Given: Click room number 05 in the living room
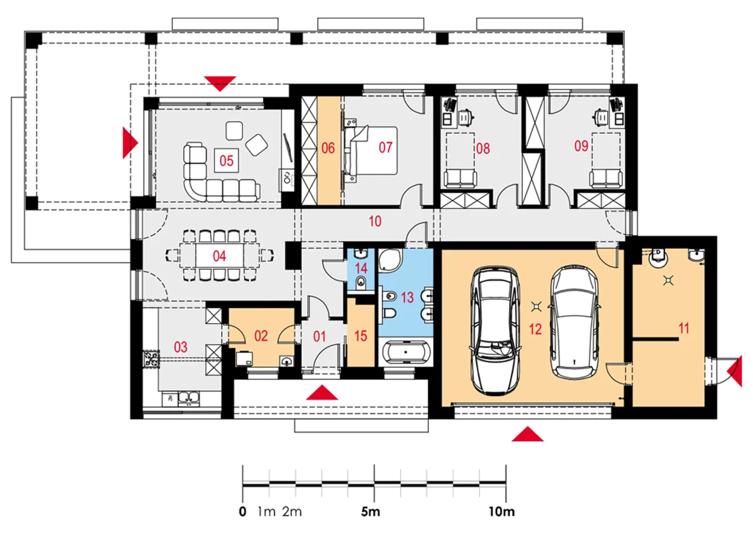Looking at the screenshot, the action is tap(226, 161).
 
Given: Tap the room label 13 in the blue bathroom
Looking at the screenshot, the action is tap(407, 298).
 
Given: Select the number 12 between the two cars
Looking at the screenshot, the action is tap(535, 329).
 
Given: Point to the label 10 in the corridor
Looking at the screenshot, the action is tap(375, 221).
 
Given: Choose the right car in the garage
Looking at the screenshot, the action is tap(575, 322).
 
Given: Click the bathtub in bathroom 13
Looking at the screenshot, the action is tap(406, 352).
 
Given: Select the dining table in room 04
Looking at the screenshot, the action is tap(220, 256).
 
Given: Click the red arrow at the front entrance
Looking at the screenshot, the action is tap(322, 392).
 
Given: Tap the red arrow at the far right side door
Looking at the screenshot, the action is tap(735, 371).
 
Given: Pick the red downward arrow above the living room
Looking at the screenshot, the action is tap(220, 84).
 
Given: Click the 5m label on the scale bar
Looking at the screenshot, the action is tap(371, 512).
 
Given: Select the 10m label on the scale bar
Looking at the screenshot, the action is tap(502, 512).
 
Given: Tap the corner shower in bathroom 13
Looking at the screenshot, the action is tap(391, 259).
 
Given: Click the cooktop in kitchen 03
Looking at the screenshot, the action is tap(151, 359).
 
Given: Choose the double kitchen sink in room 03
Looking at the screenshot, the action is tap(189, 399).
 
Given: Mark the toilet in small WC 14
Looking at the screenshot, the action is tap(361, 282).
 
